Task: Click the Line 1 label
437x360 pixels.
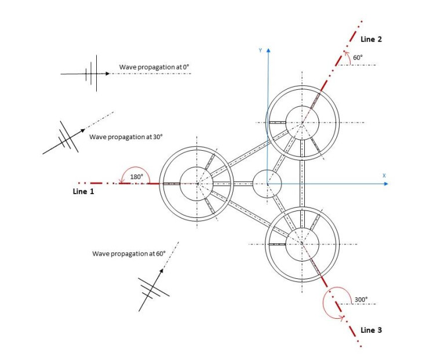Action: pos(83,191)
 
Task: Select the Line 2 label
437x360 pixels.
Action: pos(371,39)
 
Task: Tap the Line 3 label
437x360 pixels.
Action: pos(371,330)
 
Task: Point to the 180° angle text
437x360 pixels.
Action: pos(137,177)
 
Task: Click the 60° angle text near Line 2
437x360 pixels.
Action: pos(358,57)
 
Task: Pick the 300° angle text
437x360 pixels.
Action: pos(361,300)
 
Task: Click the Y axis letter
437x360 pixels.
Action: pos(260,50)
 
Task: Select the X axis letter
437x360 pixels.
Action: pos(384,176)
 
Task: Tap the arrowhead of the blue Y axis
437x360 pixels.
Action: pos(268,50)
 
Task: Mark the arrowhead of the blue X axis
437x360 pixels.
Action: pos(386,184)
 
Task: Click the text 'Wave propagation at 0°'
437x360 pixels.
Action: pos(154,67)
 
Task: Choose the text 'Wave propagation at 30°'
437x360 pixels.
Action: pos(126,137)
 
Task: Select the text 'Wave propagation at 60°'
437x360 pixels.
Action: pos(129,254)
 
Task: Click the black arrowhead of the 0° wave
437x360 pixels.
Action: pos(108,74)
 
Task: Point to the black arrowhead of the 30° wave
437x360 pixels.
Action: pos(83,130)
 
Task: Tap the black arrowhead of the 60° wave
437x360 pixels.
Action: pos(161,271)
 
